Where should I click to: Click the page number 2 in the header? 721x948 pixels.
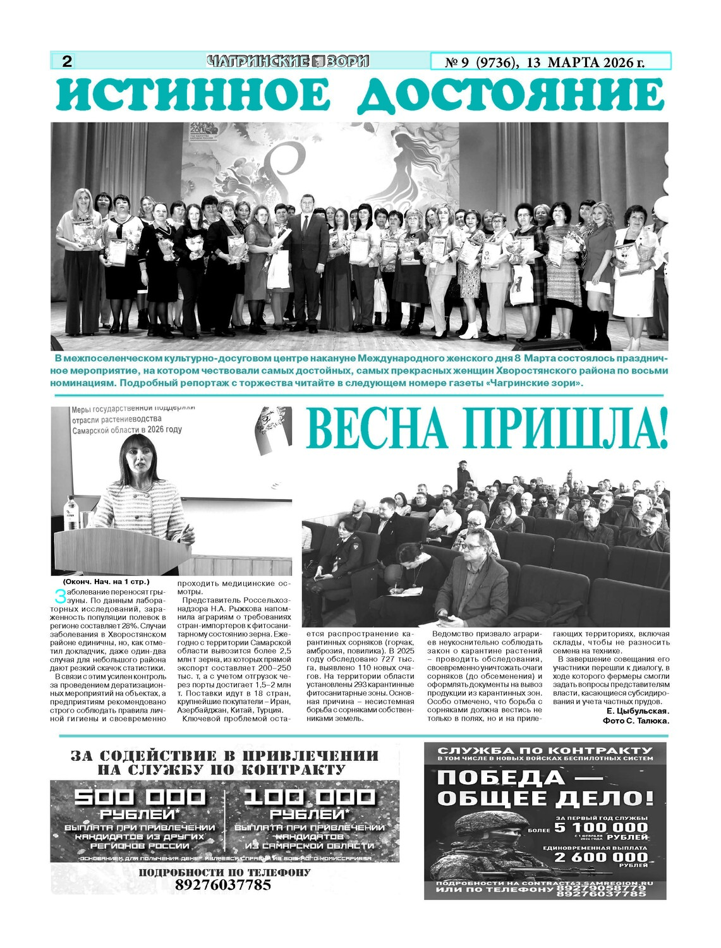pos(66,61)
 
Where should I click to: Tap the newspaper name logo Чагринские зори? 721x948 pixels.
pos(288,61)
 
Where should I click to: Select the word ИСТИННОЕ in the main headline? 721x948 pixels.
pos(193,95)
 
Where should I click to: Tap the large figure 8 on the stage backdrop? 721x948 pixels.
pos(294,167)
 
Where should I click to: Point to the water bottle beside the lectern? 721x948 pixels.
pos(71,513)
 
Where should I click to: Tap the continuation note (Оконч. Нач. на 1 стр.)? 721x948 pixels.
pos(106,581)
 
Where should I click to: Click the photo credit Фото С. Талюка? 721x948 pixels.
pos(635,720)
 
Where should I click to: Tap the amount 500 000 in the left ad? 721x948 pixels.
pos(140,797)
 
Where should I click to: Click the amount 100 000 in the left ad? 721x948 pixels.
pos(309,797)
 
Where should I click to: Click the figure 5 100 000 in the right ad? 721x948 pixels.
pos(601,827)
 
